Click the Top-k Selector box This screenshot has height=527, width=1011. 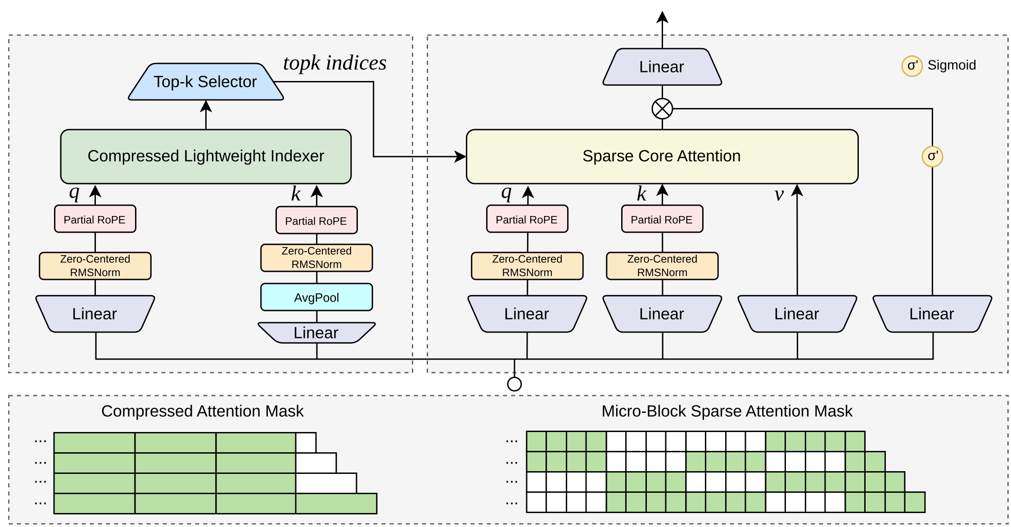(x=206, y=81)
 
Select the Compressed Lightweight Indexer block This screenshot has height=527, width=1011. (x=206, y=156)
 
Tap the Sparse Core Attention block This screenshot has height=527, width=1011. (x=662, y=156)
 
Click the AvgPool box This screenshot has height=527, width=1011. (x=316, y=297)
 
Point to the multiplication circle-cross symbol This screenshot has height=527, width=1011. (x=662, y=108)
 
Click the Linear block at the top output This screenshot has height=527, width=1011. (x=662, y=67)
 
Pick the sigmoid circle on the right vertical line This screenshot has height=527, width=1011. (x=932, y=157)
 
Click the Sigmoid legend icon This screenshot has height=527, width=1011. (x=912, y=66)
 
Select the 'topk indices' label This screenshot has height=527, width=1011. (x=334, y=63)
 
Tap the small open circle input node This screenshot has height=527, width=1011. (x=514, y=384)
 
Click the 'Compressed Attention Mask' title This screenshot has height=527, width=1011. (x=202, y=411)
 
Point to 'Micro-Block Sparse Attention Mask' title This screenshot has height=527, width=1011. (x=727, y=411)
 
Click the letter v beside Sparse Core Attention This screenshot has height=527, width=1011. (x=779, y=194)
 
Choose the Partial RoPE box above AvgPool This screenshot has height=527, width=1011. (x=316, y=221)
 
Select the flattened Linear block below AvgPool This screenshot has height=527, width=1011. (x=316, y=333)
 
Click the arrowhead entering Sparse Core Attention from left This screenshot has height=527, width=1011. (x=460, y=157)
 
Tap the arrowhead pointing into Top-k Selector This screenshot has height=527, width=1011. (x=206, y=106)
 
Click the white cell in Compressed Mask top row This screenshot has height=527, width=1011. (x=306, y=442)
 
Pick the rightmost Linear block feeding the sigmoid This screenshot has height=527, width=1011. (x=932, y=314)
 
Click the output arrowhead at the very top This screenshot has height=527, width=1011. (x=662, y=17)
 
